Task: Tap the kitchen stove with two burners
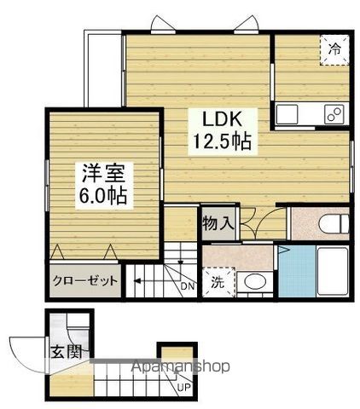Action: pos(334,113)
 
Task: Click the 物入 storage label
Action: pos(218,223)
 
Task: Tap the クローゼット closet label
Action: pos(84,281)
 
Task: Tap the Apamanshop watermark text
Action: pos(179,367)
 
